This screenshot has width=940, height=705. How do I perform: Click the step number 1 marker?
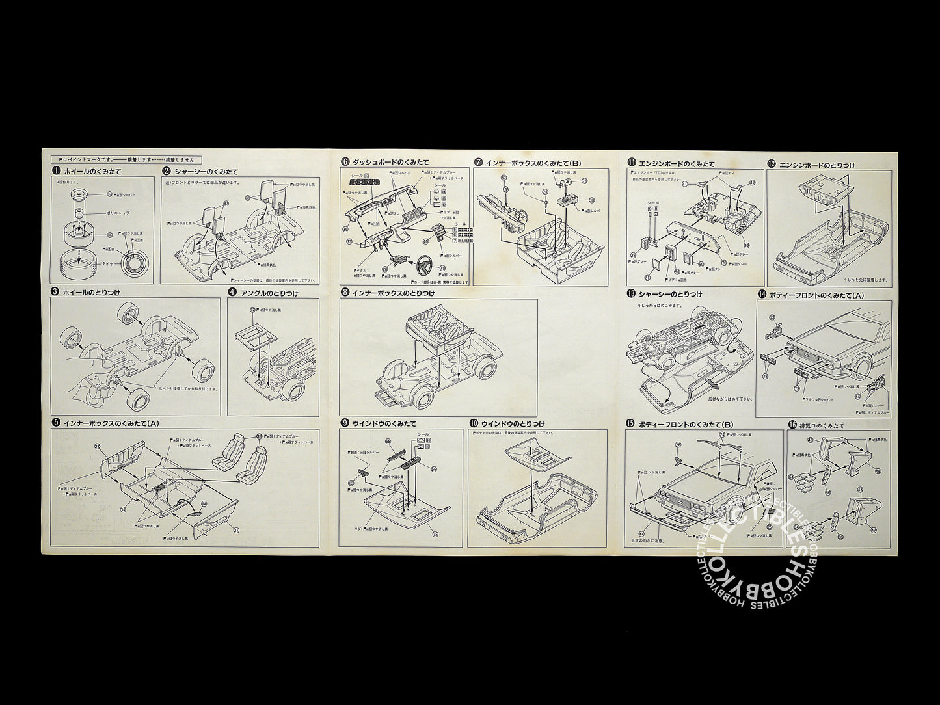click(x=56, y=172)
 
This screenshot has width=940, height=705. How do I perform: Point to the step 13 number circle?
click(x=631, y=294)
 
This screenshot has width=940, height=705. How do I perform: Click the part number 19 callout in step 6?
click(x=442, y=268)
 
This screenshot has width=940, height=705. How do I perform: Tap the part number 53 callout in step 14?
click(x=771, y=317)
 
